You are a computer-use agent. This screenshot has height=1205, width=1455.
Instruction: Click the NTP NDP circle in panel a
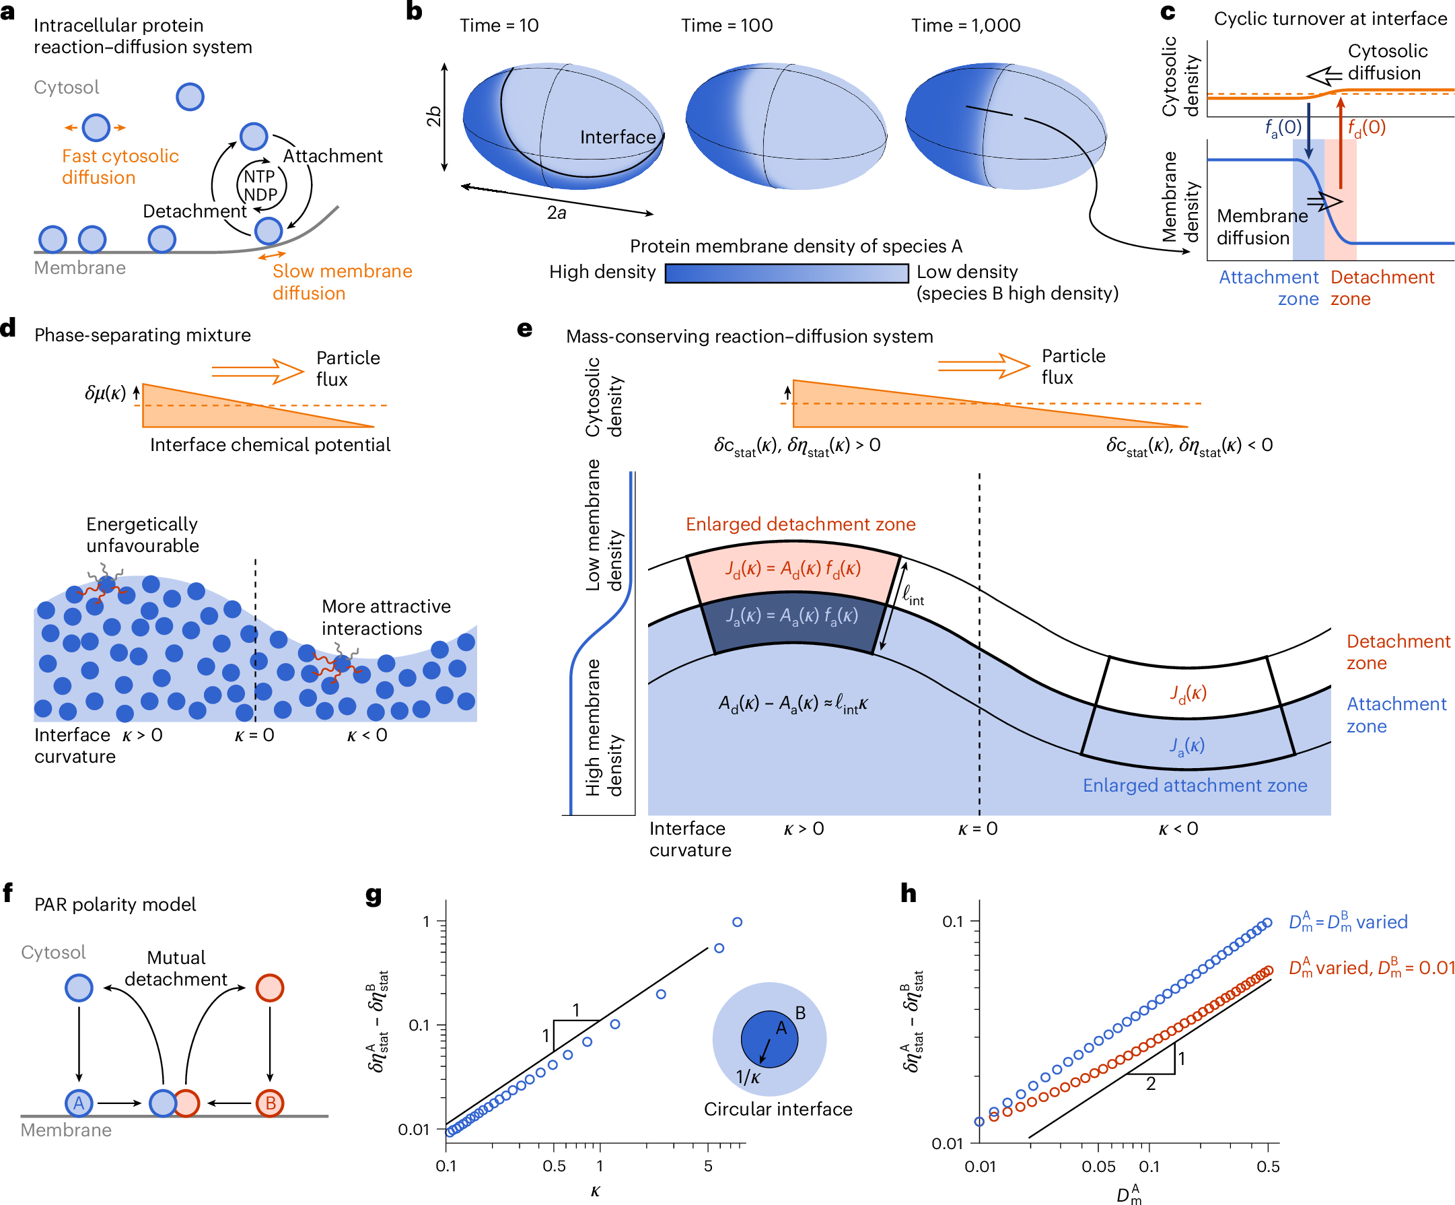tap(261, 186)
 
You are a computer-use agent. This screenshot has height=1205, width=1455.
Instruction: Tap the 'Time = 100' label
tap(726, 26)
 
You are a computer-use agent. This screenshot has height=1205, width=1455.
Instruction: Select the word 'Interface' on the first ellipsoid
tap(617, 137)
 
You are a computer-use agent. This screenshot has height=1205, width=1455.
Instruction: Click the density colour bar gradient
tap(787, 273)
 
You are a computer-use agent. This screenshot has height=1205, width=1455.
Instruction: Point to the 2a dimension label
tap(557, 213)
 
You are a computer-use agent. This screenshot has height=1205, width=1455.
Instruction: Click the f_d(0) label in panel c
tap(1366, 127)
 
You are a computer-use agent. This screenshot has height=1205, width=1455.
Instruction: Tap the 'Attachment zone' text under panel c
tap(1269, 287)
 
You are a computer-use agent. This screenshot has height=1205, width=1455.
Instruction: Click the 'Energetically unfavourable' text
tap(142, 535)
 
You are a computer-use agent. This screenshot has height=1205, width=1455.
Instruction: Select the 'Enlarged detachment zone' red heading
tap(800, 524)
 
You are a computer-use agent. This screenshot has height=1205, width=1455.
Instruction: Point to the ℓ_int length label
tap(913, 594)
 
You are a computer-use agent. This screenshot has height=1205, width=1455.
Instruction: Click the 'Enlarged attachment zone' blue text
tap(1195, 785)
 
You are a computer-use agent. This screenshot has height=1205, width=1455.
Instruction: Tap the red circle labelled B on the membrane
tap(271, 1103)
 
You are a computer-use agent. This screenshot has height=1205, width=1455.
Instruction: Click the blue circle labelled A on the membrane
tap(79, 1103)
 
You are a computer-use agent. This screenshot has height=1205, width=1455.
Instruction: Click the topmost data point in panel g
tap(737, 922)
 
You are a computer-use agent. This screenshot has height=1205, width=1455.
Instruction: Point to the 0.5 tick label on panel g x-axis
tap(554, 1166)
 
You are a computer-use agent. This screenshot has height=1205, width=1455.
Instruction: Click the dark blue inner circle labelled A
tap(769, 1039)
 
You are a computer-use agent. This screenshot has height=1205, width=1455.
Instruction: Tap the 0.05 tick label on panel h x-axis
tap(1098, 1167)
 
